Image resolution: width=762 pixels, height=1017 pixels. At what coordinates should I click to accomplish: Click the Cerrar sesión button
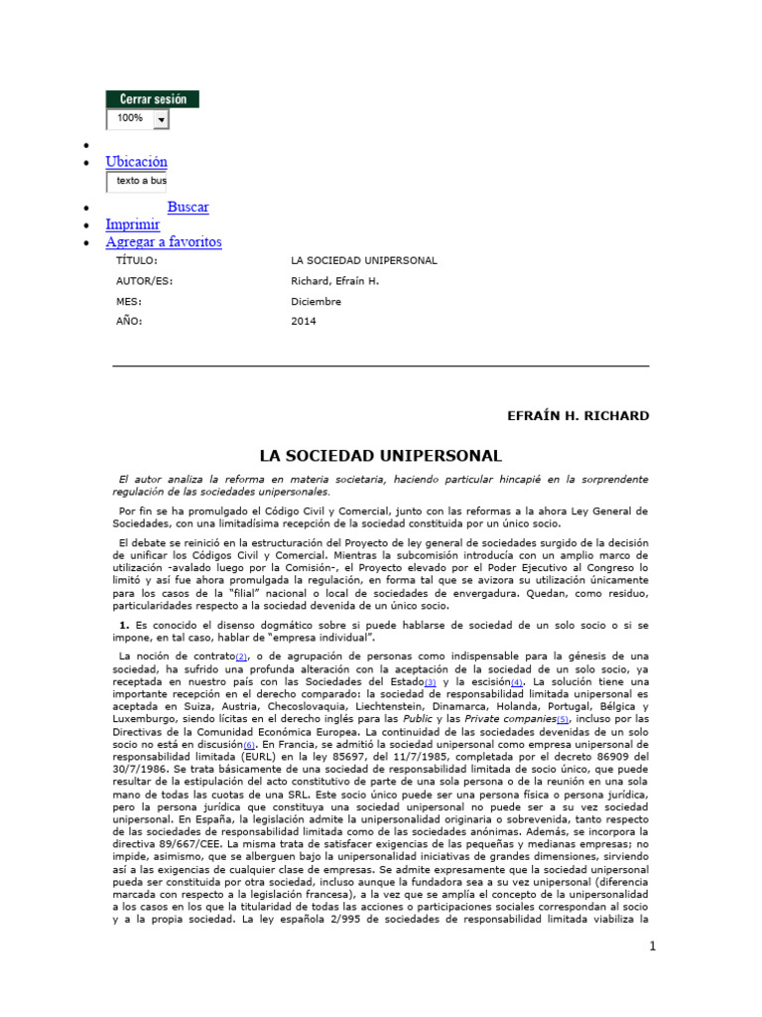pos(153,99)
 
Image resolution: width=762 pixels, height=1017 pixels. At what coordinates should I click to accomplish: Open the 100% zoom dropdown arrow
pos(161,119)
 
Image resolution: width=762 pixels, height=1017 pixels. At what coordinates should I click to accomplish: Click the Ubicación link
pos(137,162)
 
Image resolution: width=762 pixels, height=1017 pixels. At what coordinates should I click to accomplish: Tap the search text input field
pos(137,182)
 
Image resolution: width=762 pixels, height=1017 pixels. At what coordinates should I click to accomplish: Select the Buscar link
pos(188,208)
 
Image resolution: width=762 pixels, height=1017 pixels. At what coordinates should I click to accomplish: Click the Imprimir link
pos(133,224)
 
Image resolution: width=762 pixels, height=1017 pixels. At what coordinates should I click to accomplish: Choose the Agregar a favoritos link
pos(164,241)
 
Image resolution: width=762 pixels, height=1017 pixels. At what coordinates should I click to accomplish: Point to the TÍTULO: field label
pos(137,260)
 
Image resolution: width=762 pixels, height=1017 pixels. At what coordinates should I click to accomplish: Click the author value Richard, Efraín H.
pos(335,281)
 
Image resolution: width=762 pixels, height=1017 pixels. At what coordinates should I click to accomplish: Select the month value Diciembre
pos(316,301)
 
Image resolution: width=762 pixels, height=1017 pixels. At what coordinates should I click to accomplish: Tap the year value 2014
pos(303,321)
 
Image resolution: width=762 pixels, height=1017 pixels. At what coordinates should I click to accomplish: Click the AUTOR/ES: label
pos(144,281)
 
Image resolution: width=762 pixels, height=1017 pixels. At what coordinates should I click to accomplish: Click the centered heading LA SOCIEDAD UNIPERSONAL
pos(381,456)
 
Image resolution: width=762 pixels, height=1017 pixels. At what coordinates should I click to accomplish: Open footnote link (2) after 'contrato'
pos(240,657)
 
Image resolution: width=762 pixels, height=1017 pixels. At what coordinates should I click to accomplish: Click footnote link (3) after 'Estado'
pos(430,683)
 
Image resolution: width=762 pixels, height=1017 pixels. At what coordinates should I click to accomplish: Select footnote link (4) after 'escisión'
pos(516,683)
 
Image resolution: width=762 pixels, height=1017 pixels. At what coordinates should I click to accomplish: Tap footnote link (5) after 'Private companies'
pos(563,719)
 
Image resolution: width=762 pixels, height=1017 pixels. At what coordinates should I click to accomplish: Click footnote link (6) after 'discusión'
pos(250,744)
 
